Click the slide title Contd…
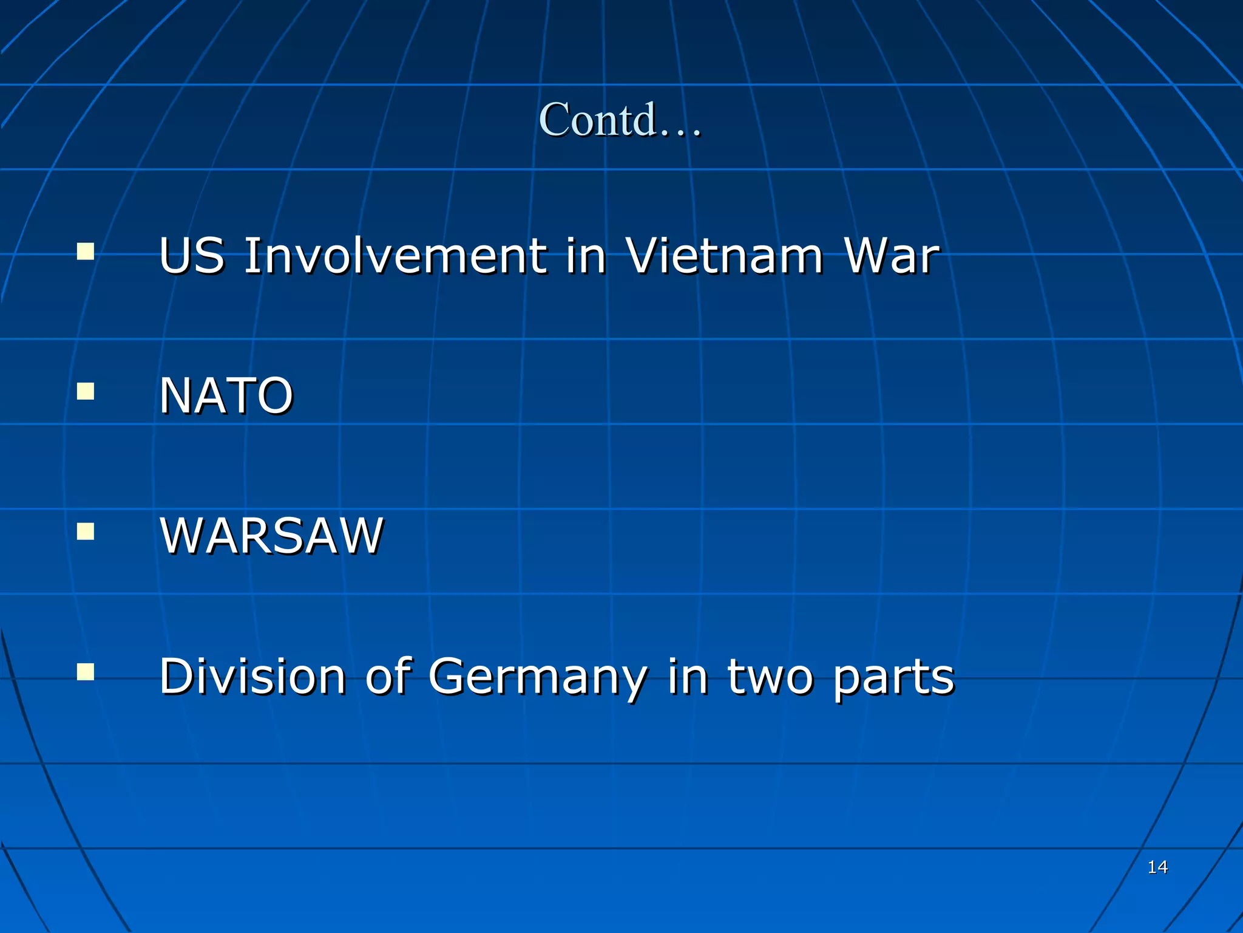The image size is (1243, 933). point(619,119)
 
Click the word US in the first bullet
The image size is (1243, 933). point(191,256)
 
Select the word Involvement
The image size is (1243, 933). point(395,256)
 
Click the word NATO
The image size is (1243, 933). point(226,395)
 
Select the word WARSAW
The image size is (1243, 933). point(271,536)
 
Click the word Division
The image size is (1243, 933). point(252,676)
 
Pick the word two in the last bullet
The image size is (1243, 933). point(770,676)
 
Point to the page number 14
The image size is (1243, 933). point(1157,867)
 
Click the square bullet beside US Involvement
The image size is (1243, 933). point(86,251)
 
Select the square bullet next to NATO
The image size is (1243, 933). point(86,392)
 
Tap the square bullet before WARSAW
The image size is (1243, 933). point(86,532)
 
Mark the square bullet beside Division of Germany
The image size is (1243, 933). point(86,672)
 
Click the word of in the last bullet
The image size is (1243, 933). point(388,676)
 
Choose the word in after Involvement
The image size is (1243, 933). point(585,256)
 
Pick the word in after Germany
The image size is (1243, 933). point(688,676)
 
